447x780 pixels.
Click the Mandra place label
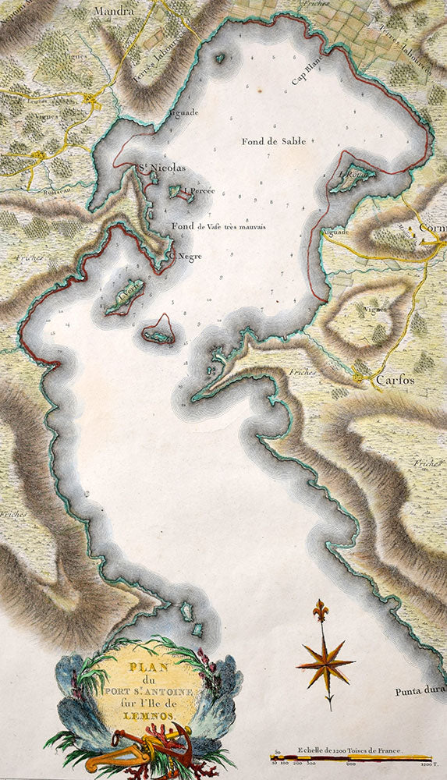point(114,12)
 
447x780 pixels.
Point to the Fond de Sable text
point(273,141)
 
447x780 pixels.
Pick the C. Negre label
point(186,255)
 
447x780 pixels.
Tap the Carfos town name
point(395,381)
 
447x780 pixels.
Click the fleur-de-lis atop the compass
point(320,608)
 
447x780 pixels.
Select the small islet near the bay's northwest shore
point(219,58)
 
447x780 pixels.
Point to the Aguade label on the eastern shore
point(334,232)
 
